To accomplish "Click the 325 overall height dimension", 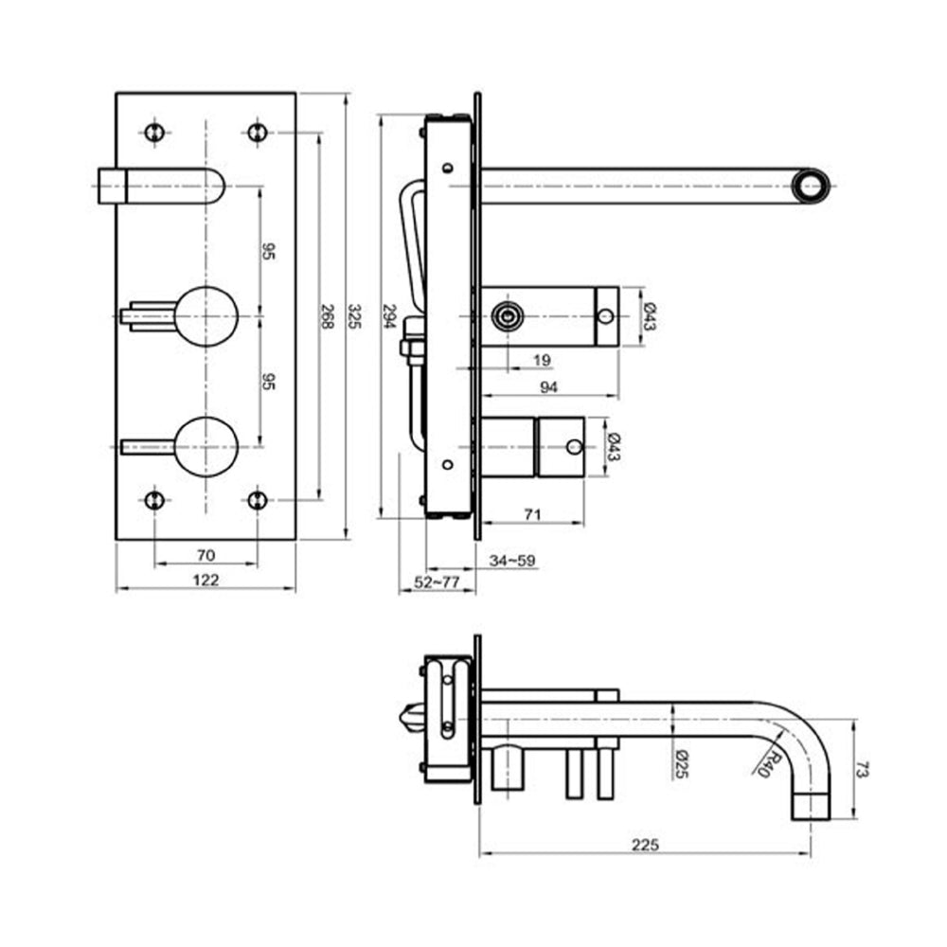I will pos(355,316).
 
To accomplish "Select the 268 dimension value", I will pos(327,316).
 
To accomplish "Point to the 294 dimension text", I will pos(387,316).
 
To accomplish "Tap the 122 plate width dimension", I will pos(205,580).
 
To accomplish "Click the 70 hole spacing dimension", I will pos(205,554).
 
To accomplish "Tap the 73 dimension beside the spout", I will pos(861,769).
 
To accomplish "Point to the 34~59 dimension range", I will pos(512,561).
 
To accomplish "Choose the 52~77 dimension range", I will pos(437,583).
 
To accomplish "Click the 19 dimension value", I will pos(542,359).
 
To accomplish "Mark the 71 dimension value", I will pos(532,514).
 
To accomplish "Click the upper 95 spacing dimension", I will pos(268,251).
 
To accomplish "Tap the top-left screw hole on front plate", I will pos(155,132).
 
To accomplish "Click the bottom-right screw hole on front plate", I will pos(257,499).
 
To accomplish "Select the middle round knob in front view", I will pos(206,315).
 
